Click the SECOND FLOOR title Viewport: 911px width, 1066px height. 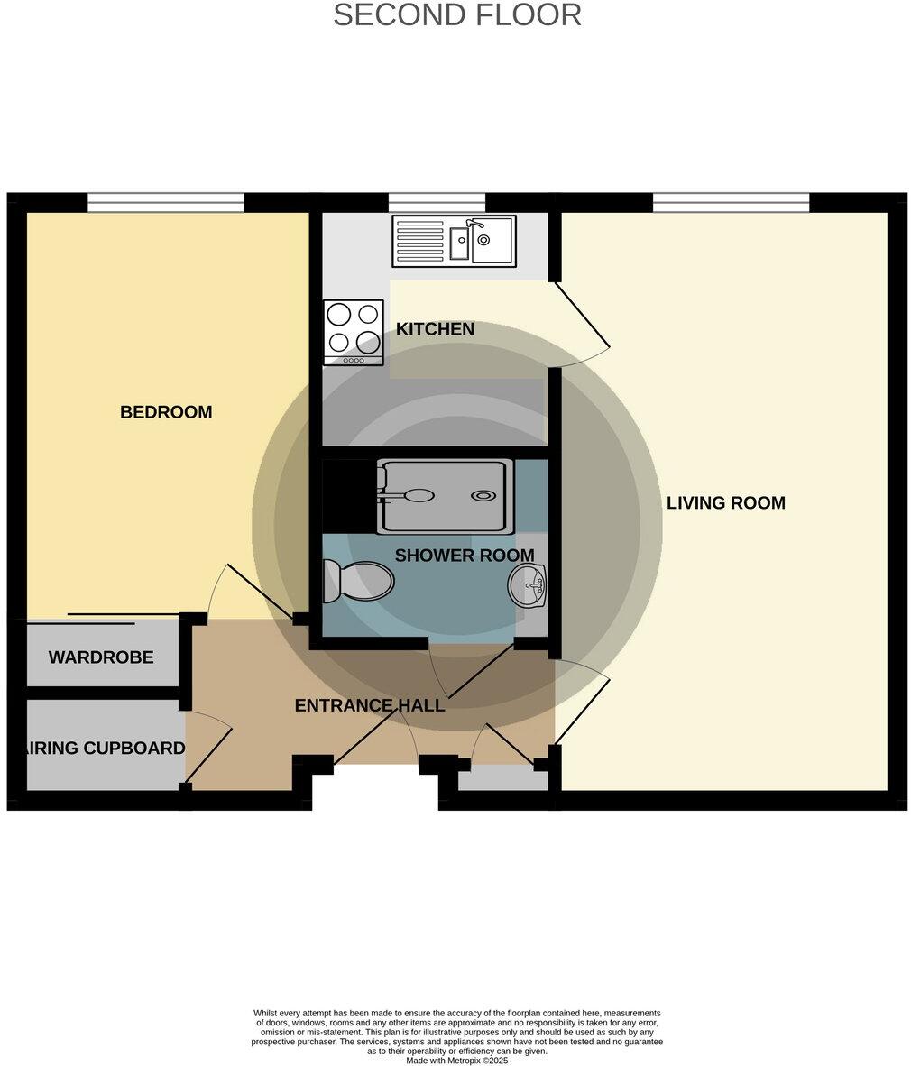[456, 15]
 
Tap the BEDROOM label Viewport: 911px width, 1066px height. [166, 412]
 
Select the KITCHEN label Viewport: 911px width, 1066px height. [435, 329]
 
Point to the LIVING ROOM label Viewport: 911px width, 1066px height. [725, 503]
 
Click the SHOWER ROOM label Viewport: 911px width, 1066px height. [464, 556]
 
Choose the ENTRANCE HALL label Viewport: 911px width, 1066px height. [370, 705]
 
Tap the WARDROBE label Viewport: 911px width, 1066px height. [101, 657]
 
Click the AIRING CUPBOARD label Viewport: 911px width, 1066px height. [105, 748]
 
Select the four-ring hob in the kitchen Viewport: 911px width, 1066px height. [353, 332]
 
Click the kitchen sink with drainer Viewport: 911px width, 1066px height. [454, 241]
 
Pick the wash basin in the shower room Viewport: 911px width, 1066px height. [528, 585]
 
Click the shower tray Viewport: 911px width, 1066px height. [445, 496]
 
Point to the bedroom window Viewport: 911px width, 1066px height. [165, 203]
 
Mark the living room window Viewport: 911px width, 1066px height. [731, 203]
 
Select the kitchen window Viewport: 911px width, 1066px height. [437, 203]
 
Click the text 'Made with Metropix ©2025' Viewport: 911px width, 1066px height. [456, 1061]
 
